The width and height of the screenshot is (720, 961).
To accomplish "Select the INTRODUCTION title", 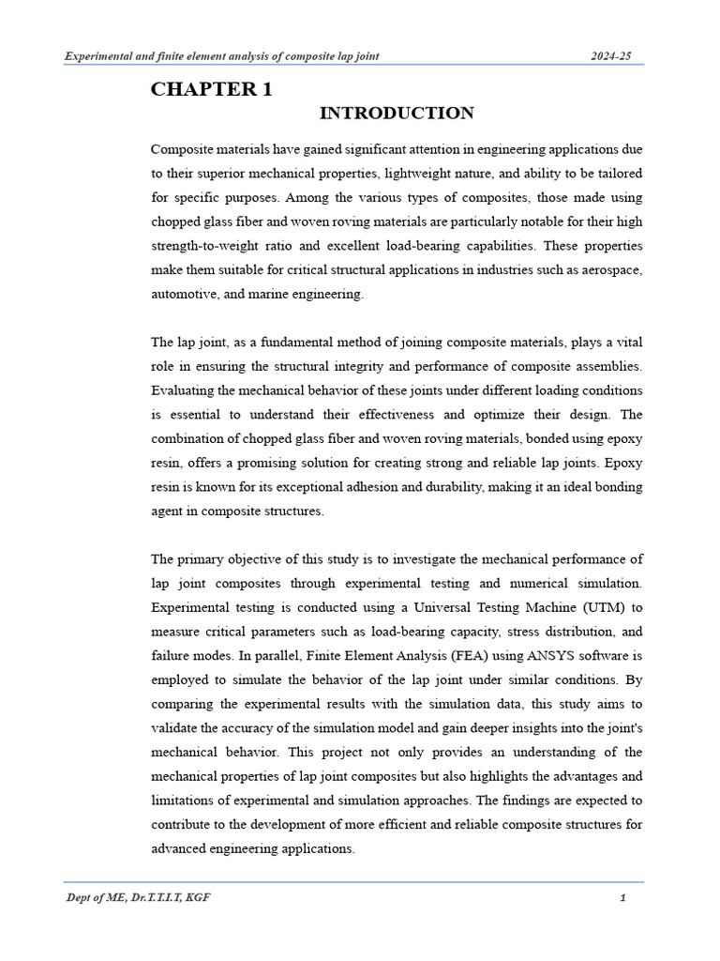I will coord(397,114).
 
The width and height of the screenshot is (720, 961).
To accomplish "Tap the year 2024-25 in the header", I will coord(610,56).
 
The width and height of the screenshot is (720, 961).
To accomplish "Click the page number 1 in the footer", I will coord(622,898).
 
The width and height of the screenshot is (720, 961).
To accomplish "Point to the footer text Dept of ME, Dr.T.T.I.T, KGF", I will coord(138,898).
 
